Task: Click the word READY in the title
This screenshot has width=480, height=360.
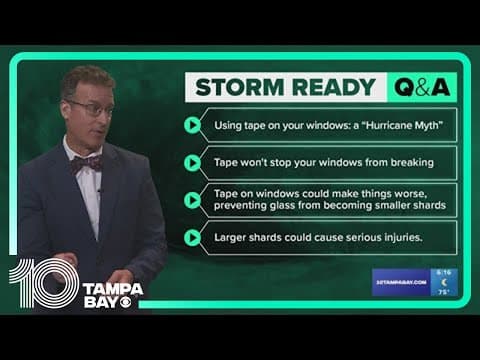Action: click(329, 88)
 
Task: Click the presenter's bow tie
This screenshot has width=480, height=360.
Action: click(87, 162)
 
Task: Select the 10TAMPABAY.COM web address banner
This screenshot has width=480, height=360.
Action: click(400, 283)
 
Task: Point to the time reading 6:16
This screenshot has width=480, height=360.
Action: click(443, 271)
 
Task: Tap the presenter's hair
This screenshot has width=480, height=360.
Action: click(85, 78)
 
